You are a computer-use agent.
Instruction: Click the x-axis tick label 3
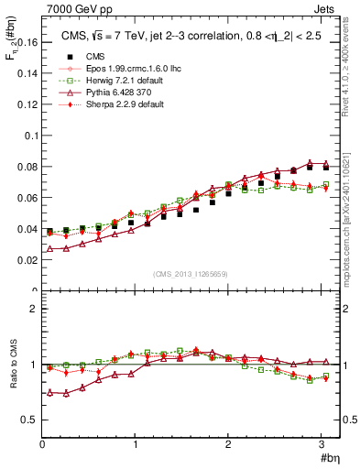pyautogui.click(x=322, y=444)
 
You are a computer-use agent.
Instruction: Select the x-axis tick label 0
pyautogui.click(x=43, y=444)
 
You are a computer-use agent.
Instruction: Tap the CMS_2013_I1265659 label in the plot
pyautogui.click(x=191, y=274)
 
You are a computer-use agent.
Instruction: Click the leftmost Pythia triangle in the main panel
pyautogui.click(x=50, y=249)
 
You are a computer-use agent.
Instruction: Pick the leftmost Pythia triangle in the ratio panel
pyautogui.click(x=50, y=392)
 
